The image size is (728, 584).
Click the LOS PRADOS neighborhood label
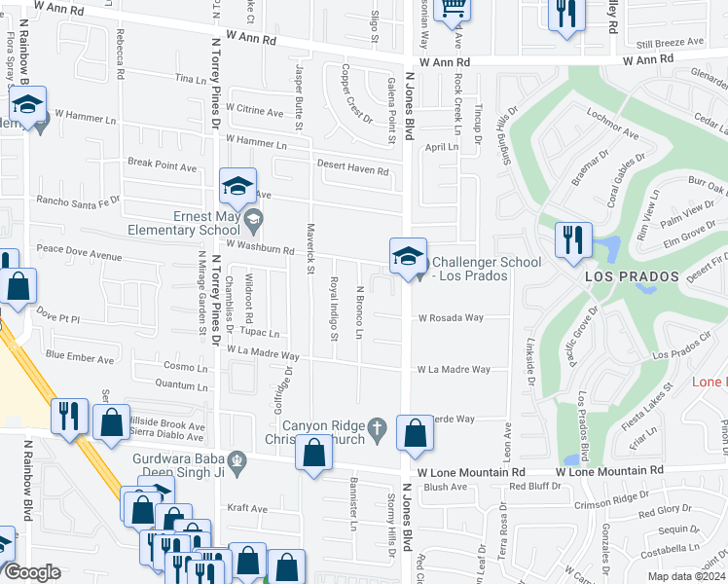point(632,277)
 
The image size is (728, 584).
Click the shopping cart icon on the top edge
point(453,8)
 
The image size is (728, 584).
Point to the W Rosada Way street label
point(451,317)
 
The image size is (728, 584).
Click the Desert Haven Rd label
point(356,171)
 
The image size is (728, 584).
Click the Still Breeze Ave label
point(670,42)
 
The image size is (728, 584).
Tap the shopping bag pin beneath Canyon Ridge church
point(312,453)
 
